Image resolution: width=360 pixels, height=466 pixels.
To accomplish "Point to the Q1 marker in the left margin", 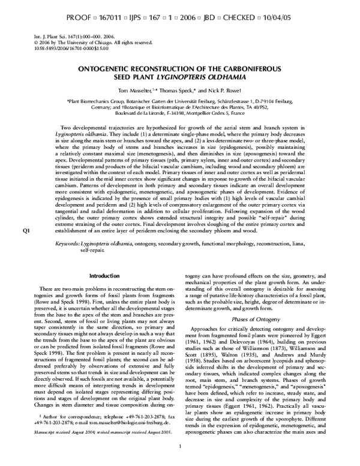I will tap(25, 264).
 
